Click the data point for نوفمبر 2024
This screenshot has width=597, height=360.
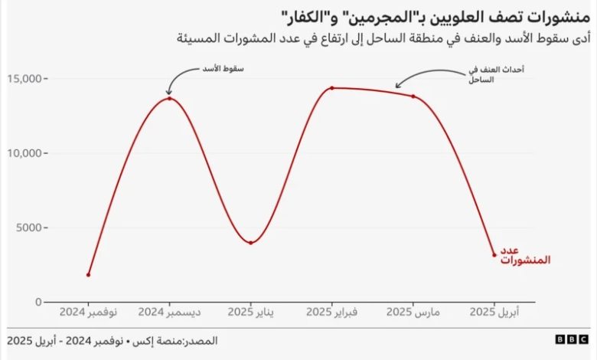[89, 274]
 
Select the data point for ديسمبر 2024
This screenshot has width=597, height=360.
[169, 98]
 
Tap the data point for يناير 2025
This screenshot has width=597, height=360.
[251, 243]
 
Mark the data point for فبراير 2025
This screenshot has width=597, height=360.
[331, 88]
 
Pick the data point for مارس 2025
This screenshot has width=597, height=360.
[413, 97]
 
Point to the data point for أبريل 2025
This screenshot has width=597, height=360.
[494, 255]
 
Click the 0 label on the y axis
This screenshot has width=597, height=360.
[38, 302]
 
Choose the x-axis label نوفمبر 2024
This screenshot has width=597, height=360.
[89, 313]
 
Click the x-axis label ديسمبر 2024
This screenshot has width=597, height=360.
[169, 313]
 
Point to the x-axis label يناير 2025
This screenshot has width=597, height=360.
[251, 313]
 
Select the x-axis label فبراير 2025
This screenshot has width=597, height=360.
[331, 313]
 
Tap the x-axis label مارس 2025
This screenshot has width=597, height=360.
[413, 313]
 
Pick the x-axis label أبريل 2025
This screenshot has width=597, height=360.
[494, 313]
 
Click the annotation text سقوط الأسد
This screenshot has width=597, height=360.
[227, 69]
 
